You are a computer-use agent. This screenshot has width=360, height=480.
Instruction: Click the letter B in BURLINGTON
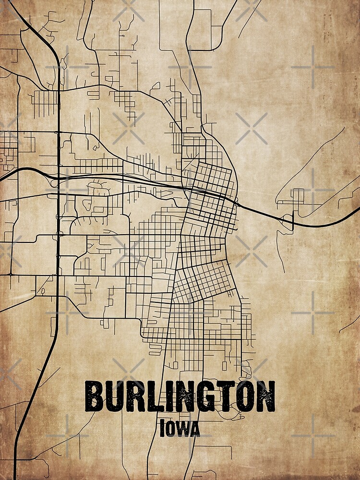(x=95, y=396)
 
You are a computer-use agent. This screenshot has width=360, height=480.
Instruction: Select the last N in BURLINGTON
(x=265, y=396)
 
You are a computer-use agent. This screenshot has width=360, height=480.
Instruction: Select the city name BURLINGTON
(x=180, y=396)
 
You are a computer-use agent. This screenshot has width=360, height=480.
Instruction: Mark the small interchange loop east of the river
(x=288, y=221)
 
